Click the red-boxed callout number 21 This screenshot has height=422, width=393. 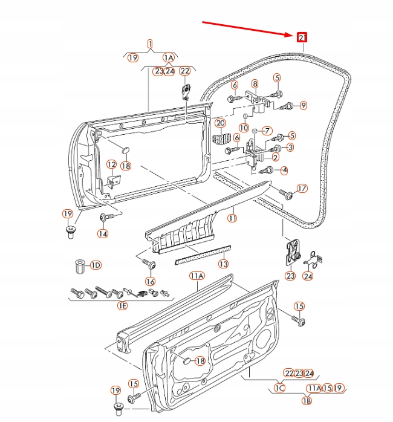(302, 37)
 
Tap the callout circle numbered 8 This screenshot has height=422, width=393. (255, 83)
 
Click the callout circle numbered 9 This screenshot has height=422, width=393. (303, 105)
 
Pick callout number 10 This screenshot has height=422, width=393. (243, 128)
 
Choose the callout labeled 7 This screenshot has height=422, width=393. (267, 131)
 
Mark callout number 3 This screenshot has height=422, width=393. (290, 147)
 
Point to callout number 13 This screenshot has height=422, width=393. (223, 264)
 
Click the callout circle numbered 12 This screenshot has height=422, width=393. (111, 164)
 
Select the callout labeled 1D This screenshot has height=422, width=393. (96, 265)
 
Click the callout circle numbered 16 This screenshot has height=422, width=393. (150, 282)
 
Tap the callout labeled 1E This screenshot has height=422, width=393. (122, 306)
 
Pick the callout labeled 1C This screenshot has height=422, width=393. (279, 388)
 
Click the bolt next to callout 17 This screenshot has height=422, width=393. (287, 195)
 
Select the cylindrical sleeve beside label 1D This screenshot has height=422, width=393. (77, 265)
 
